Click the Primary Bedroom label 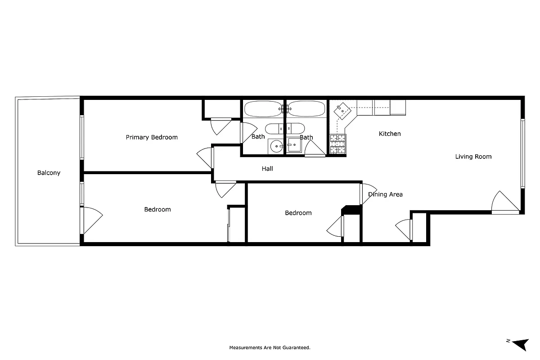[151, 137]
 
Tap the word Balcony [49, 173]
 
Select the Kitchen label [389, 134]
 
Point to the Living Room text [473, 157]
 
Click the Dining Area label [385, 194]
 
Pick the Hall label [267, 169]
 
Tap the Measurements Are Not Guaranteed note [270, 347]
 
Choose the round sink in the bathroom [276, 145]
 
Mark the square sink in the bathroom [294, 145]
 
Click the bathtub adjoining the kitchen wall [306, 108]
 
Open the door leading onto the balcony [90, 220]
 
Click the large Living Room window [523, 153]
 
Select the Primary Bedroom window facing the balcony [82, 137]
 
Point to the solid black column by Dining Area [352, 210]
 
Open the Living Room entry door [505, 202]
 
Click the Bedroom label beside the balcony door [157, 209]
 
